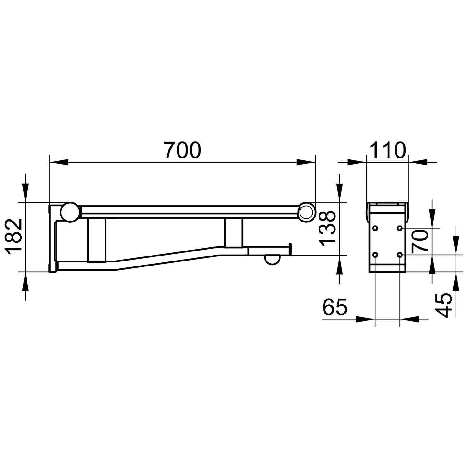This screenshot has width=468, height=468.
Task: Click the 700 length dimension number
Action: click(183, 150)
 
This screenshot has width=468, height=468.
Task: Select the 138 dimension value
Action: click(327, 229)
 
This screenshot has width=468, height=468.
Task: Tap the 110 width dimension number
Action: click(388, 150)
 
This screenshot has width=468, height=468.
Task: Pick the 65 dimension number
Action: click(335, 307)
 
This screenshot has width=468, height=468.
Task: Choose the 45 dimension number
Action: click(444, 305)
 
